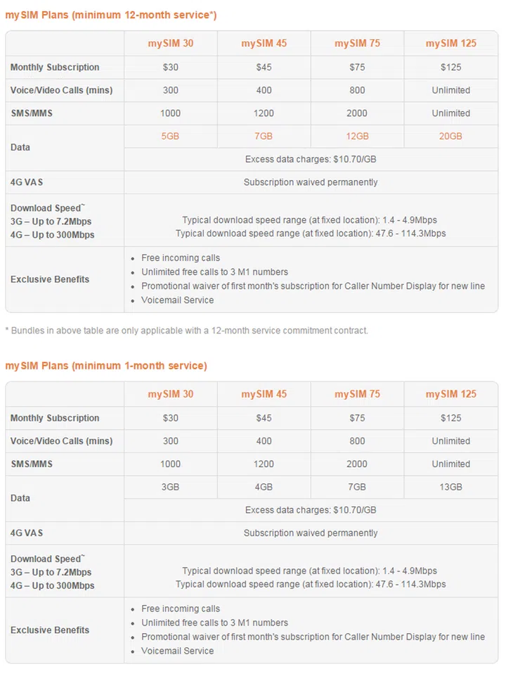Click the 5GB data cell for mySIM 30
click(170, 136)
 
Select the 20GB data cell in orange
click(450, 136)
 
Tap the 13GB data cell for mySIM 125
click(450, 487)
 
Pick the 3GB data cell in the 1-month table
click(170, 487)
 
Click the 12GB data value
click(357, 136)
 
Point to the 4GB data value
click(264, 487)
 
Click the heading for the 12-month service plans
click(111, 15)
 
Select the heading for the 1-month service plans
click(106, 366)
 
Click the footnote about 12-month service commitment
click(186, 330)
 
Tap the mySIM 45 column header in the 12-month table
click(264, 44)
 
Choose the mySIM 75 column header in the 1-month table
click(357, 394)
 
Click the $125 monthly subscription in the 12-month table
click(450, 67)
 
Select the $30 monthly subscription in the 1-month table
click(170, 418)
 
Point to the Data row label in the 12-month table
click(20, 147)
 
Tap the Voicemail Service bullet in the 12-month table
click(177, 300)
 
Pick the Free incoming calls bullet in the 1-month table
click(181, 609)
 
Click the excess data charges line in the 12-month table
click(311, 159)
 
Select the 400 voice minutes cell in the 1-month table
click(264, 441)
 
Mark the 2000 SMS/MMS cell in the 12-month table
click(357, 113)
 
